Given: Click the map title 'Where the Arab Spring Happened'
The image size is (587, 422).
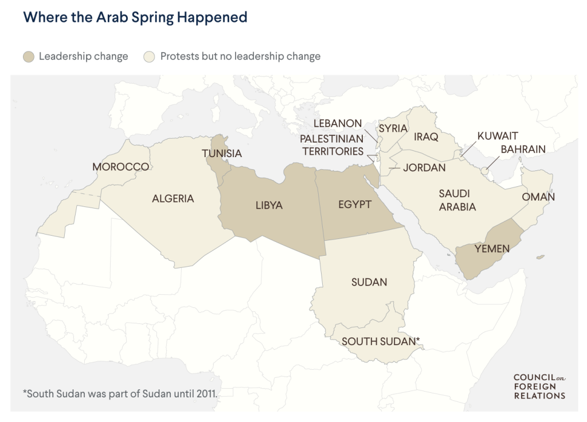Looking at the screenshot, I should tap(135, 17).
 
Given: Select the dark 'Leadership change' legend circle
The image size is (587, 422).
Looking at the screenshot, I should tap(29, 57).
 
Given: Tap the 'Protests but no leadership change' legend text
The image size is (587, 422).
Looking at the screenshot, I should tap(240, 57).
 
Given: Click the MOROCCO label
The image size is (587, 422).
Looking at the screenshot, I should tap(121, 167).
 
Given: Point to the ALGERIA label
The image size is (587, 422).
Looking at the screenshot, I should tap(173, 199).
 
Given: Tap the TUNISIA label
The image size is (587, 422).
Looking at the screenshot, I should tap(221, 154).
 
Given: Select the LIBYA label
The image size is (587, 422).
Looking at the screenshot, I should tap(269, 205).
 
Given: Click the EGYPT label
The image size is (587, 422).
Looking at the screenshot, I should tap(355, 205).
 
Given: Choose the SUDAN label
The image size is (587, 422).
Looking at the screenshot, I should tap(369, 282).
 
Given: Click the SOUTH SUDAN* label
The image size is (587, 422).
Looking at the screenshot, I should tap(381, 342).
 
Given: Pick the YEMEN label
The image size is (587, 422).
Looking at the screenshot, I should tap(492, 248).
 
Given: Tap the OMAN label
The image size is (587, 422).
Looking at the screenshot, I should tap(538, 197).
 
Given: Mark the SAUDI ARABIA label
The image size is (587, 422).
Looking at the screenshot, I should tap(457, 200).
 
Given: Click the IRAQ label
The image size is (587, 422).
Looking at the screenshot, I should tap(426, 137).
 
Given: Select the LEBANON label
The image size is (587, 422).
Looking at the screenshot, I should tap(338, 124).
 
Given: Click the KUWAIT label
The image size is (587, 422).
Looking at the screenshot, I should tap(498, 136).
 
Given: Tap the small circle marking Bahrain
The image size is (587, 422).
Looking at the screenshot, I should tap(484, 170).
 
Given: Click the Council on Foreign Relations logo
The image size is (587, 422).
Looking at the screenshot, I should tap(539, 386).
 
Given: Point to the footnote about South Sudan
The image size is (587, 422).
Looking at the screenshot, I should tap(120, 394).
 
